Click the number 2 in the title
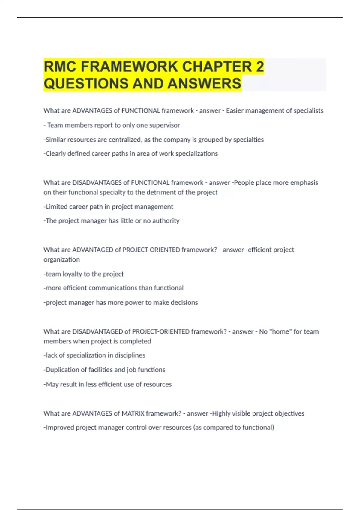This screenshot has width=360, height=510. tap(260, 67)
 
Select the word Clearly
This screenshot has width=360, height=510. tap(55, 154)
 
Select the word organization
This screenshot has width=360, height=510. tap(61, 259)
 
